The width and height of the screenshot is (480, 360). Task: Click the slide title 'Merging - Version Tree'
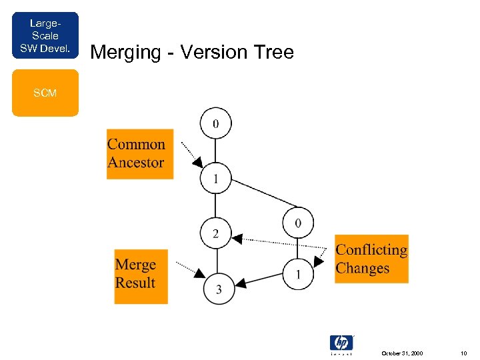click(191, 52)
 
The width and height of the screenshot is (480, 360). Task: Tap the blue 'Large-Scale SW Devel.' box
click(45, 35)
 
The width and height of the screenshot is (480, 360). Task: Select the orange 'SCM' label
click(45, 93)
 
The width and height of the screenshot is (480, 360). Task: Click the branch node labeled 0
click(298, 222)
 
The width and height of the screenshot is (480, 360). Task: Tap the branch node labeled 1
click(298, 274)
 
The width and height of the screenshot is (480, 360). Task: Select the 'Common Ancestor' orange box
click(139, 153)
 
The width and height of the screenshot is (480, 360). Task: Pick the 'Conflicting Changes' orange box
click(371, 259)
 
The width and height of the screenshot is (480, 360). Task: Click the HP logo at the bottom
click(341, 343)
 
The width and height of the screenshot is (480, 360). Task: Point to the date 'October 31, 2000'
click(401, 353)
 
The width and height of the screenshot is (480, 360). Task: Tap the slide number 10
click(463, 353)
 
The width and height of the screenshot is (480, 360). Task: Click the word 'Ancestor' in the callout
click(136, 162)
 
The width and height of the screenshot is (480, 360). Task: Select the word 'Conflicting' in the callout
click(371, 250)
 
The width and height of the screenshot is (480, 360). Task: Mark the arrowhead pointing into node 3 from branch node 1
click(242, 283)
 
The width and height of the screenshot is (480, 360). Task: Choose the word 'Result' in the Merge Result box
click(135, 283)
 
